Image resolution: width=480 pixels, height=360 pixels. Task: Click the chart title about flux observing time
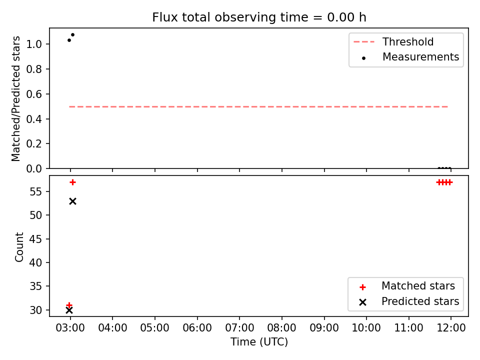coord(259,17)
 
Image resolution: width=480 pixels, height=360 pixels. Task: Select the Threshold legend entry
coord(393,41)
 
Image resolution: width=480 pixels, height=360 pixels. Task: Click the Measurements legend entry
coord(409,57)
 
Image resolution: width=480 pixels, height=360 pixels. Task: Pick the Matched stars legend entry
coord(407,286)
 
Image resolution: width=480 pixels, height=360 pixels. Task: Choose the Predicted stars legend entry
coord(409,301)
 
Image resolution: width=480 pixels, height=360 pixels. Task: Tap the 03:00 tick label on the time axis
coord(70,328)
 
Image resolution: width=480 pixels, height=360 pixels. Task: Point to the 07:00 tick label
coord(239,328)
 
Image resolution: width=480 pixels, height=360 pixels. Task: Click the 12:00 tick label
coord(451,328)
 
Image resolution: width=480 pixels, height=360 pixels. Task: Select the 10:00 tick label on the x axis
coord(366,328)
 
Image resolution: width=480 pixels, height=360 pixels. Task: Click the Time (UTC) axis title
coord(259,341)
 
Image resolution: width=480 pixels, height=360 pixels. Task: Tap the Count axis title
coord(19,247)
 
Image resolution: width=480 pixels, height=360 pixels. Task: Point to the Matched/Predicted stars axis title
coord(16,98)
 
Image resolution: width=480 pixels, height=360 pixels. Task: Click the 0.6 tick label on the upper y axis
coord(33,94)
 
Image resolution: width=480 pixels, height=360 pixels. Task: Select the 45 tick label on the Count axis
coord(35,239)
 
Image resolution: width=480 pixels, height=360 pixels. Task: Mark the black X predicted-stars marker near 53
coord(72,201)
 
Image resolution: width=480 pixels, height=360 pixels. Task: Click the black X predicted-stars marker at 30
coord(69,310)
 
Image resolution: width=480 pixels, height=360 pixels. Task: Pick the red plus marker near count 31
coord(69,305)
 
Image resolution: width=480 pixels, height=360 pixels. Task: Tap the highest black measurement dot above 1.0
coord(72,34)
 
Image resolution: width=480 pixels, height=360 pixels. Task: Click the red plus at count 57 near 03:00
coord(72,182)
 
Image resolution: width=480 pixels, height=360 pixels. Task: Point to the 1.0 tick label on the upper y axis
coord(33,44)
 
